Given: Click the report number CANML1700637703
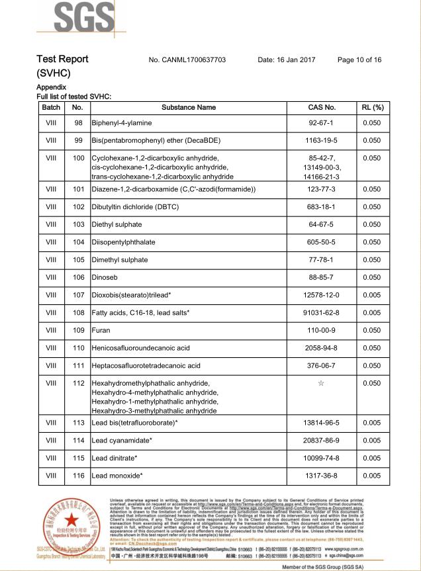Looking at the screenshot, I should pos(187,60).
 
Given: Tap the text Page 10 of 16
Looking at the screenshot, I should pos(359,60).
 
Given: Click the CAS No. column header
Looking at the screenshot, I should pos(322,107).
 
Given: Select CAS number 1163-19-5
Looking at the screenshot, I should pos(322,141).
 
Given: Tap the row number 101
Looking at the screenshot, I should pos(78,190).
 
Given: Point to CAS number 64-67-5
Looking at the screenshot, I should pos(322,225).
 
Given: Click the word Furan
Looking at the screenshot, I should pos(101,330).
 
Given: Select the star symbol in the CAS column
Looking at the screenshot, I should pos(322,383).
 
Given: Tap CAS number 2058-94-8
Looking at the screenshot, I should pos(322,348).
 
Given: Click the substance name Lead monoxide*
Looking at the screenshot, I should pos(117,476).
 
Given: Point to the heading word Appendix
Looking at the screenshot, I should pos(51,87).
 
